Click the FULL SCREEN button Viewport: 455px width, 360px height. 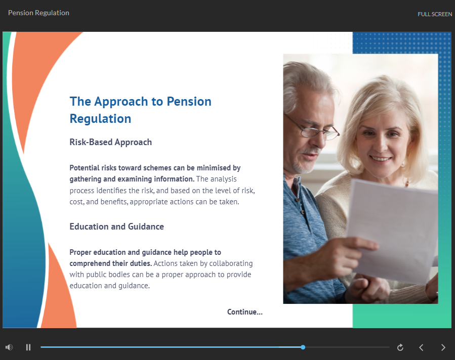pyautogui.click(x=435, y=14)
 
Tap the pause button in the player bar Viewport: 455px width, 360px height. pyautogui.click(x=28, y=347)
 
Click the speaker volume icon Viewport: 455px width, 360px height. pyautogui.click(x=9, y=347)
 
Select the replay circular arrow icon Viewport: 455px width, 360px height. pyautogui.click(x=400, y=347)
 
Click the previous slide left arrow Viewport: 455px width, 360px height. pyautogui.click(x=421, y=347)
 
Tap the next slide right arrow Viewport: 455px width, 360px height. pyautogui.click(x=443, y=347)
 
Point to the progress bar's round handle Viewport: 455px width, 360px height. pyautogui.click(x=303, y=347)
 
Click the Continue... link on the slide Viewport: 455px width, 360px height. pyautogui.click(x=244, y=312)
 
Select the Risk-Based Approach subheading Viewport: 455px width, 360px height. pyautogui.click(x=110, y=142)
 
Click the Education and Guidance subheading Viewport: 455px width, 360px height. pyautogui.click(x=116, y=227)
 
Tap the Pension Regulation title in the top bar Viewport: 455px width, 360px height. pyautogui.click(x=38, y=13)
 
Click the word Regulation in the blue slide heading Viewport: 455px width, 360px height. pyautogui.click(x=100, y=118)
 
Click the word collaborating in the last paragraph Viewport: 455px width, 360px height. pyautogui.click(x=231, y=263)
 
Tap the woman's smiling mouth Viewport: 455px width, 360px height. pyautogui.click(x=380, y=158)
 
